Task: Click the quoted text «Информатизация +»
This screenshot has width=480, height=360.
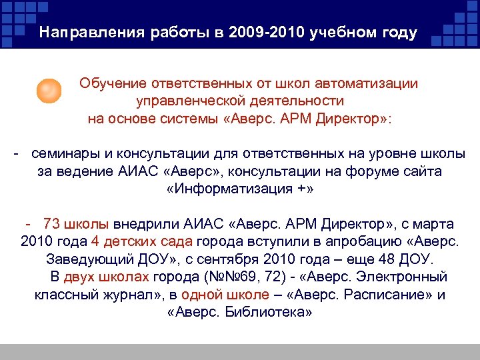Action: coord(239,189)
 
